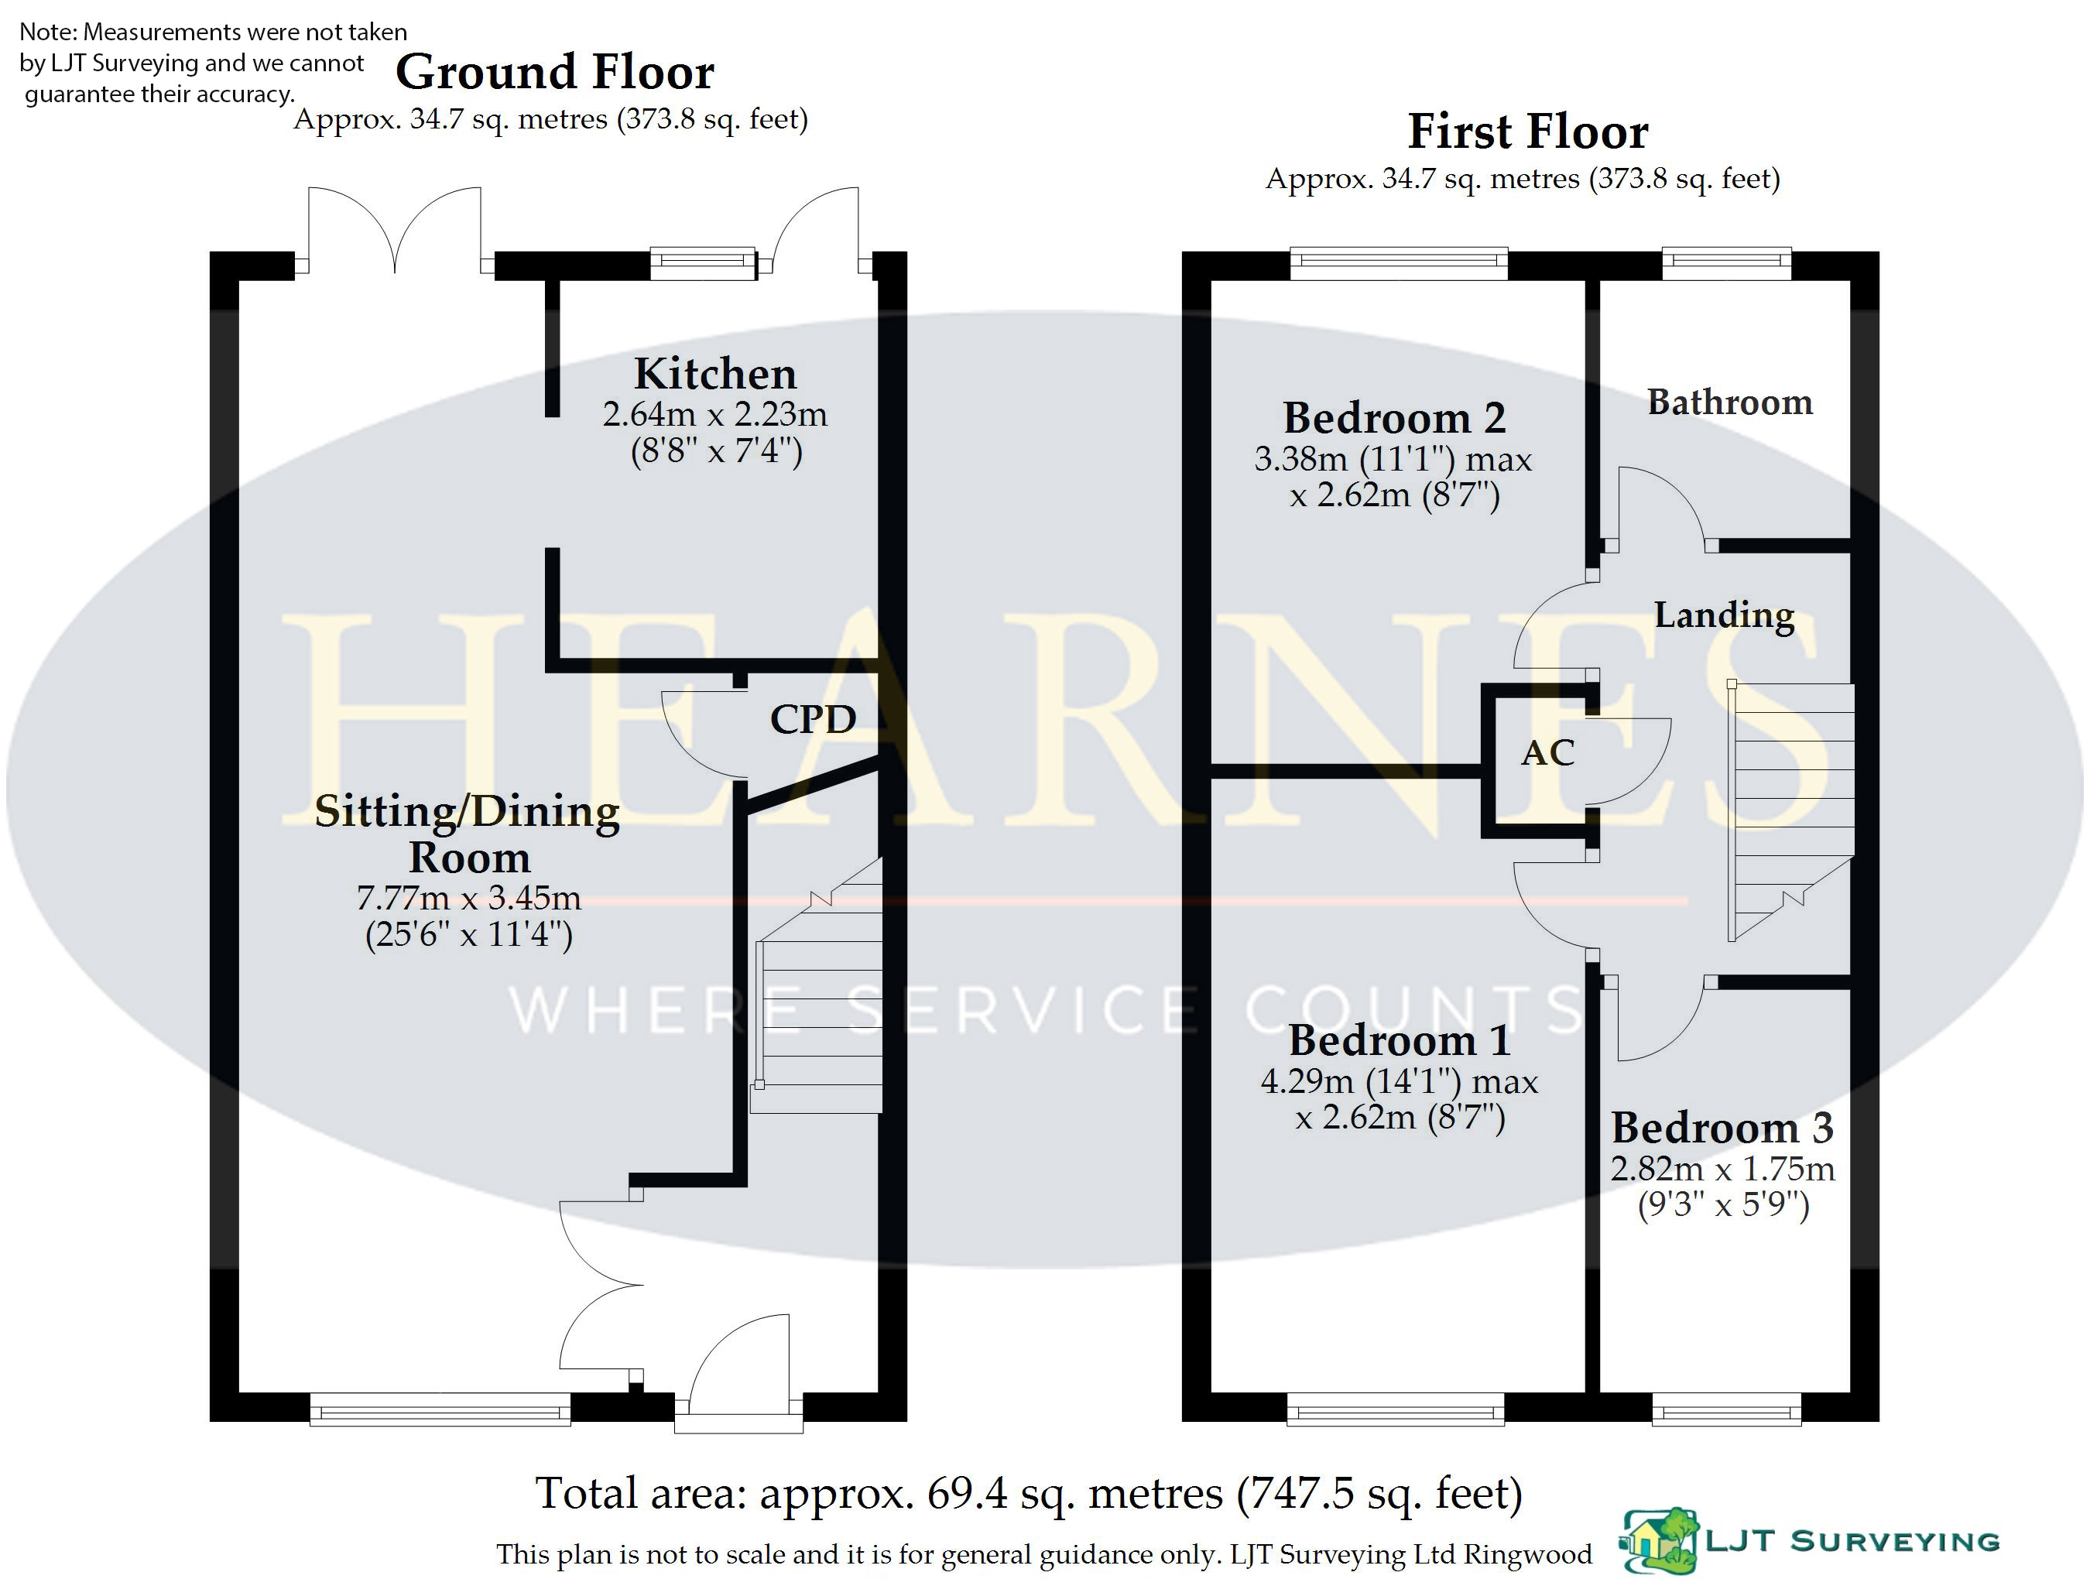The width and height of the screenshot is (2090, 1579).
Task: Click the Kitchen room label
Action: tap(715, 373)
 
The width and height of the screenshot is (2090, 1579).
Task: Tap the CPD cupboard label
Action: tap(814, 719)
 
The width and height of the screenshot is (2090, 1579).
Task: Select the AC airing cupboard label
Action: tap(1547, 752)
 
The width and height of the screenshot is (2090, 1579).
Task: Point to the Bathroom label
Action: tap(1730, 402)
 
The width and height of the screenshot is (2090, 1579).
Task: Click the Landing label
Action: tap(1725, 615)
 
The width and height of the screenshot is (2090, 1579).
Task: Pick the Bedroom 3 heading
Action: tap(1722, 1127)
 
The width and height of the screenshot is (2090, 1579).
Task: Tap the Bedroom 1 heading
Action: tap(1400, 1040)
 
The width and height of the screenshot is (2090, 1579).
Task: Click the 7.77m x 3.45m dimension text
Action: tap(468, 897)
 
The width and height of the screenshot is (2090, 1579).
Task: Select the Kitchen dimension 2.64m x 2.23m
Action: tap(715, 414)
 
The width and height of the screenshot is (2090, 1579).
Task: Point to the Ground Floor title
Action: tap(555, 72)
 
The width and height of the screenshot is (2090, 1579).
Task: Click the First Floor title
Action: tap(1528, 132)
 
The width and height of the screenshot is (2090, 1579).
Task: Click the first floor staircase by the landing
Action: tap(1791, 812)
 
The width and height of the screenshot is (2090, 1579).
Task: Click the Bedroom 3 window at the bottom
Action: tap(1726, 1408)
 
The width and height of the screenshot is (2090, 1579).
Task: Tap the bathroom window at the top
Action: tap(1726, 264)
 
